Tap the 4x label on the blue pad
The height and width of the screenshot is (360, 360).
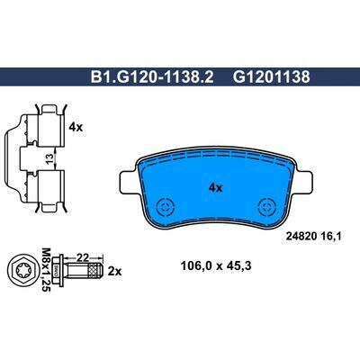[215, 187]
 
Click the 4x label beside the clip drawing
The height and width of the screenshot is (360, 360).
[75, 128]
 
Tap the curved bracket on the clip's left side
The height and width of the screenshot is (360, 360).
[13, 159]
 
